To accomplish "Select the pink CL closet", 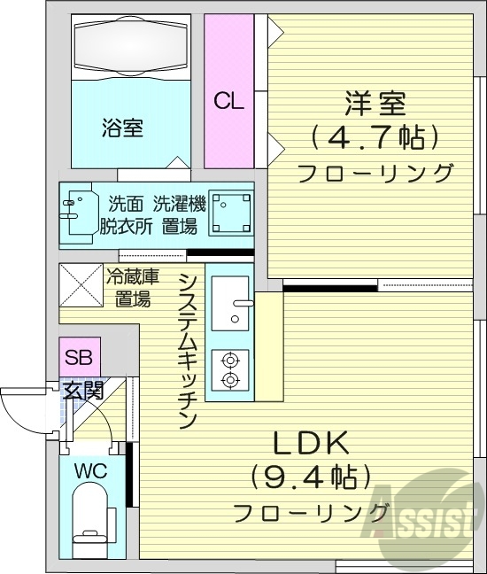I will click(x=228, y=100).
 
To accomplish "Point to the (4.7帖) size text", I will click(x=375, y=137).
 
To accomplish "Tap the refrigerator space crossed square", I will click(x=81, y=284).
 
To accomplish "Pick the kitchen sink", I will click(x=232, y=302).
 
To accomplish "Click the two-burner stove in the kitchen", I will click(x=231, y=370).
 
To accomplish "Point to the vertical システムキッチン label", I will click(x=187, y=351).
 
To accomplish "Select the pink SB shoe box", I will click(x=80, y=360).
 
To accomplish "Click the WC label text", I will click(x=91, y=471).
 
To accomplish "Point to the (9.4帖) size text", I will click(x=311, y=479).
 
